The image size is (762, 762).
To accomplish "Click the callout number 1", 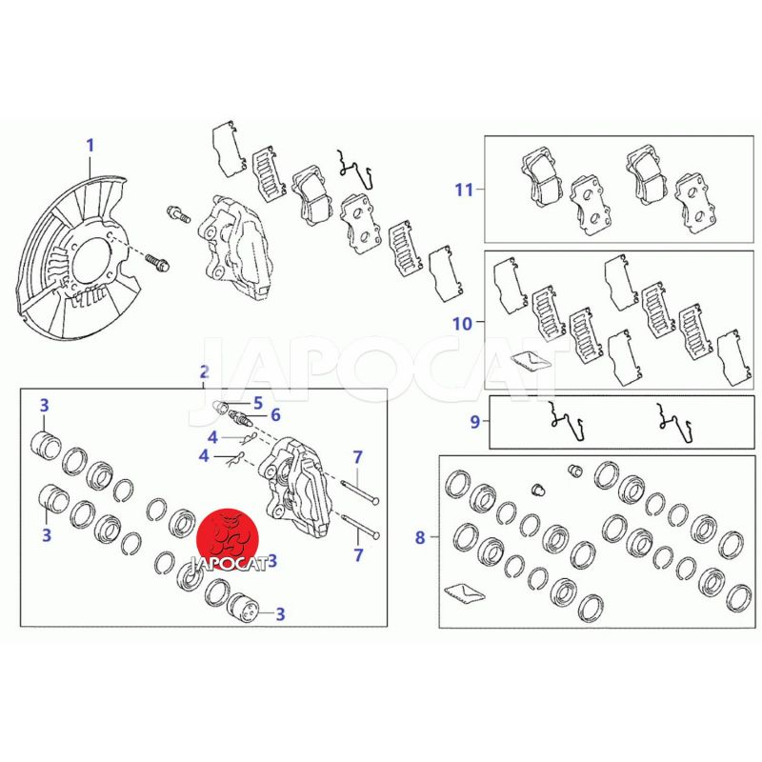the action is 90,146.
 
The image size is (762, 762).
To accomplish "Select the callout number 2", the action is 205,372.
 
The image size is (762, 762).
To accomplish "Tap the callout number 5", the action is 257,403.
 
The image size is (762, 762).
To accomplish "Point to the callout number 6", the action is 275,415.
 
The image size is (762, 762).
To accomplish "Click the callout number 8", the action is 420,537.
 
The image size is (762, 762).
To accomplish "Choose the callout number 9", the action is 474,421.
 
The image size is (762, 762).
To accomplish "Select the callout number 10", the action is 462,323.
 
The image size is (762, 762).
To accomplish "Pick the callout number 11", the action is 464,189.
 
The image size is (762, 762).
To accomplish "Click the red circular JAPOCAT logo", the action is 228,539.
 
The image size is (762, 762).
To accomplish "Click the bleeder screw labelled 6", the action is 240,417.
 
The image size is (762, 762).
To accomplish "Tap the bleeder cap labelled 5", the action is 221,408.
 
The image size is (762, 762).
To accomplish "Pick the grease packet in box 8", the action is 465,592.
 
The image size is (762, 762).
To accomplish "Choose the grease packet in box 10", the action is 532,361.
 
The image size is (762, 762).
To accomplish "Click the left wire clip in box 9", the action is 566,421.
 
